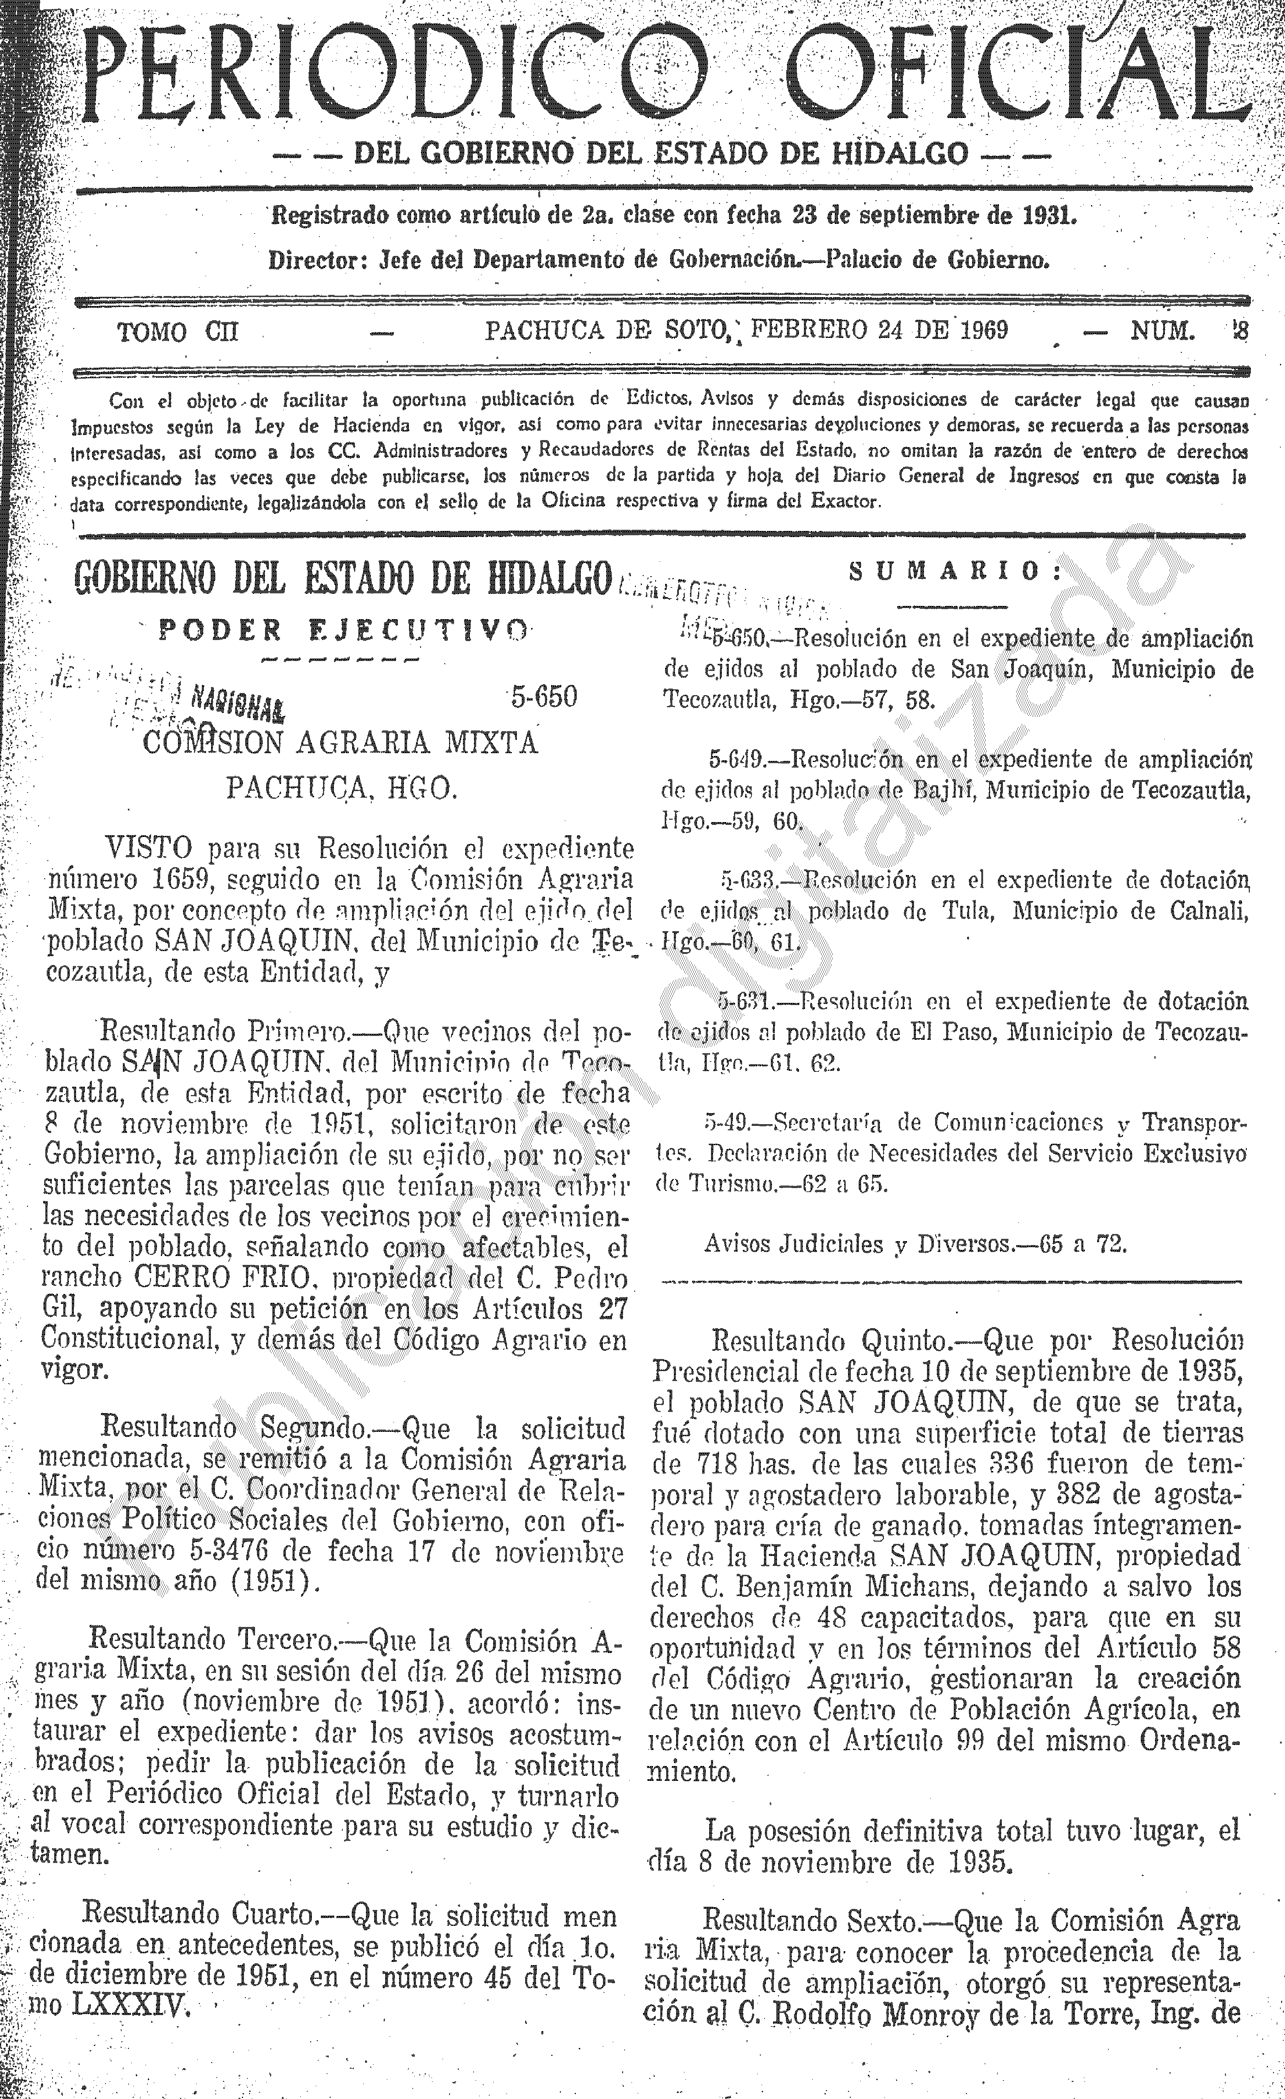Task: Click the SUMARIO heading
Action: coord(956,572)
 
